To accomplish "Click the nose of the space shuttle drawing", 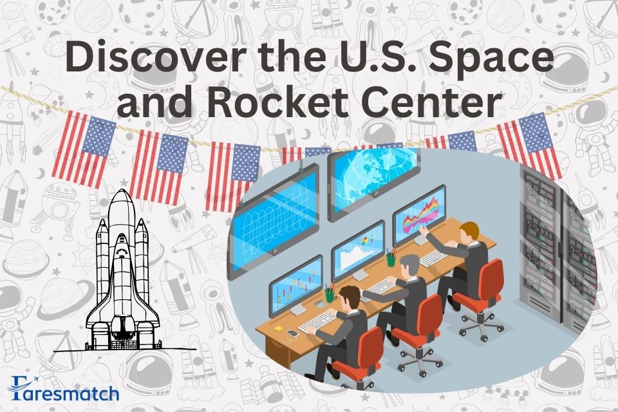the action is (x=122, y=194).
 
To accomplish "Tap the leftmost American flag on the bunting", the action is (x=84, y=149).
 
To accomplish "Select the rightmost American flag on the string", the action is (x=530, y=144).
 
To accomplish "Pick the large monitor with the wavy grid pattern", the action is (x=275, y=220).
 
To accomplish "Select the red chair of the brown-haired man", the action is (x=359, y=357).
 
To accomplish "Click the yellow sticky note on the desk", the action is (x=278, y=328).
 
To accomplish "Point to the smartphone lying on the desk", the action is (x=293, y=333).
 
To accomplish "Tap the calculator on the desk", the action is (x=320, y=304).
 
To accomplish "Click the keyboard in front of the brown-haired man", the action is (x=317, y=321).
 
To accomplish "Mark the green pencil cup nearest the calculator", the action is (x=330, y=295).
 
